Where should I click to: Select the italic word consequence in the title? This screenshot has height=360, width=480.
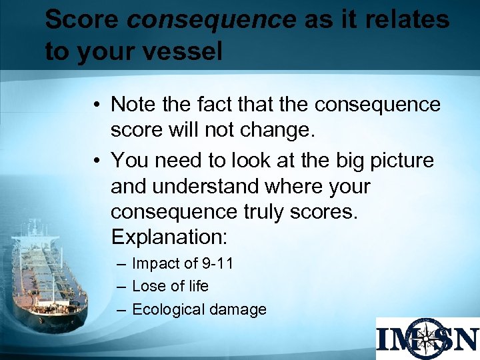coord(211,20)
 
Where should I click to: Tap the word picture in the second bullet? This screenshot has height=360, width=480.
coord(399,160)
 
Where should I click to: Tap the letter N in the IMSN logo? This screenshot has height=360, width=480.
coord(464,339)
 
